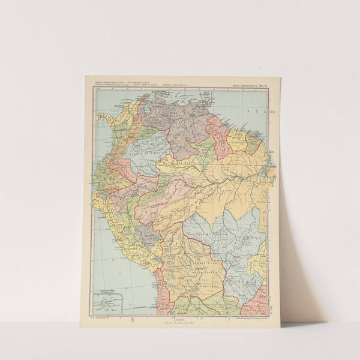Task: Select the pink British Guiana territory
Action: pos(217,135)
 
